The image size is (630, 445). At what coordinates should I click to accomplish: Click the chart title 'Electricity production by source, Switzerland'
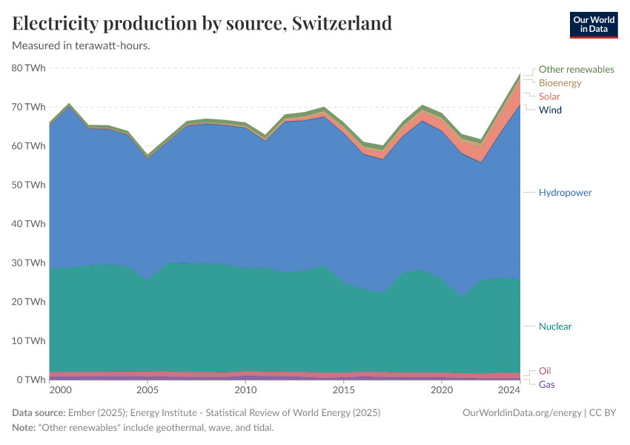[x=202, y=23]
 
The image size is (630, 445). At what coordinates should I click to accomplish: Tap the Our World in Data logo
[x=593, y=24]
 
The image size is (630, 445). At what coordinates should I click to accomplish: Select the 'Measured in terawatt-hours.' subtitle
[x=82, y=46]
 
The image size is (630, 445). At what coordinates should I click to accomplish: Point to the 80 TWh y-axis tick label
[x=29, y=68]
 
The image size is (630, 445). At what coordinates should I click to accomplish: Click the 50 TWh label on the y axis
[x=29, y=185]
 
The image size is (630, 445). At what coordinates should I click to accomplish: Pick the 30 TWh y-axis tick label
[x=29, y=263]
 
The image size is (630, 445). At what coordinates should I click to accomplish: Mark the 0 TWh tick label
[x=32, y=380]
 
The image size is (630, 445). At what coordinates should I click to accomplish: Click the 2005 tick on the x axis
[x=147, y=390]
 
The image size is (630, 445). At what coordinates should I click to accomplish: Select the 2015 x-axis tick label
[x=343, y=390]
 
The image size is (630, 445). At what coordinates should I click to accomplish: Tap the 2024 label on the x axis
[x=508, y=390]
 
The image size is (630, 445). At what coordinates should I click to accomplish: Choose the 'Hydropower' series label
[x=566, y=193]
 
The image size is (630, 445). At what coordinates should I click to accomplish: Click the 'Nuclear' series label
[x=555, y=326]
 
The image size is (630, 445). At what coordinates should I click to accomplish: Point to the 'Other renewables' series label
[x=576, y=69]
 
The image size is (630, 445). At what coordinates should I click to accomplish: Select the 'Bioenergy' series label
[x=560, y=83]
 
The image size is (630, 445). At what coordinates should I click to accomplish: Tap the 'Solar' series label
[x=549, y=96]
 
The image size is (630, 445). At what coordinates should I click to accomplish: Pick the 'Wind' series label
[x=550, y=110]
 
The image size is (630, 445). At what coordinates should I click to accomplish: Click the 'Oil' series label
[x=545, y=371]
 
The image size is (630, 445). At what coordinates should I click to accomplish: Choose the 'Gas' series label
[x=546, y=384]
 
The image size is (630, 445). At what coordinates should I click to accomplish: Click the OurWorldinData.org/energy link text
[x=521, y=412]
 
